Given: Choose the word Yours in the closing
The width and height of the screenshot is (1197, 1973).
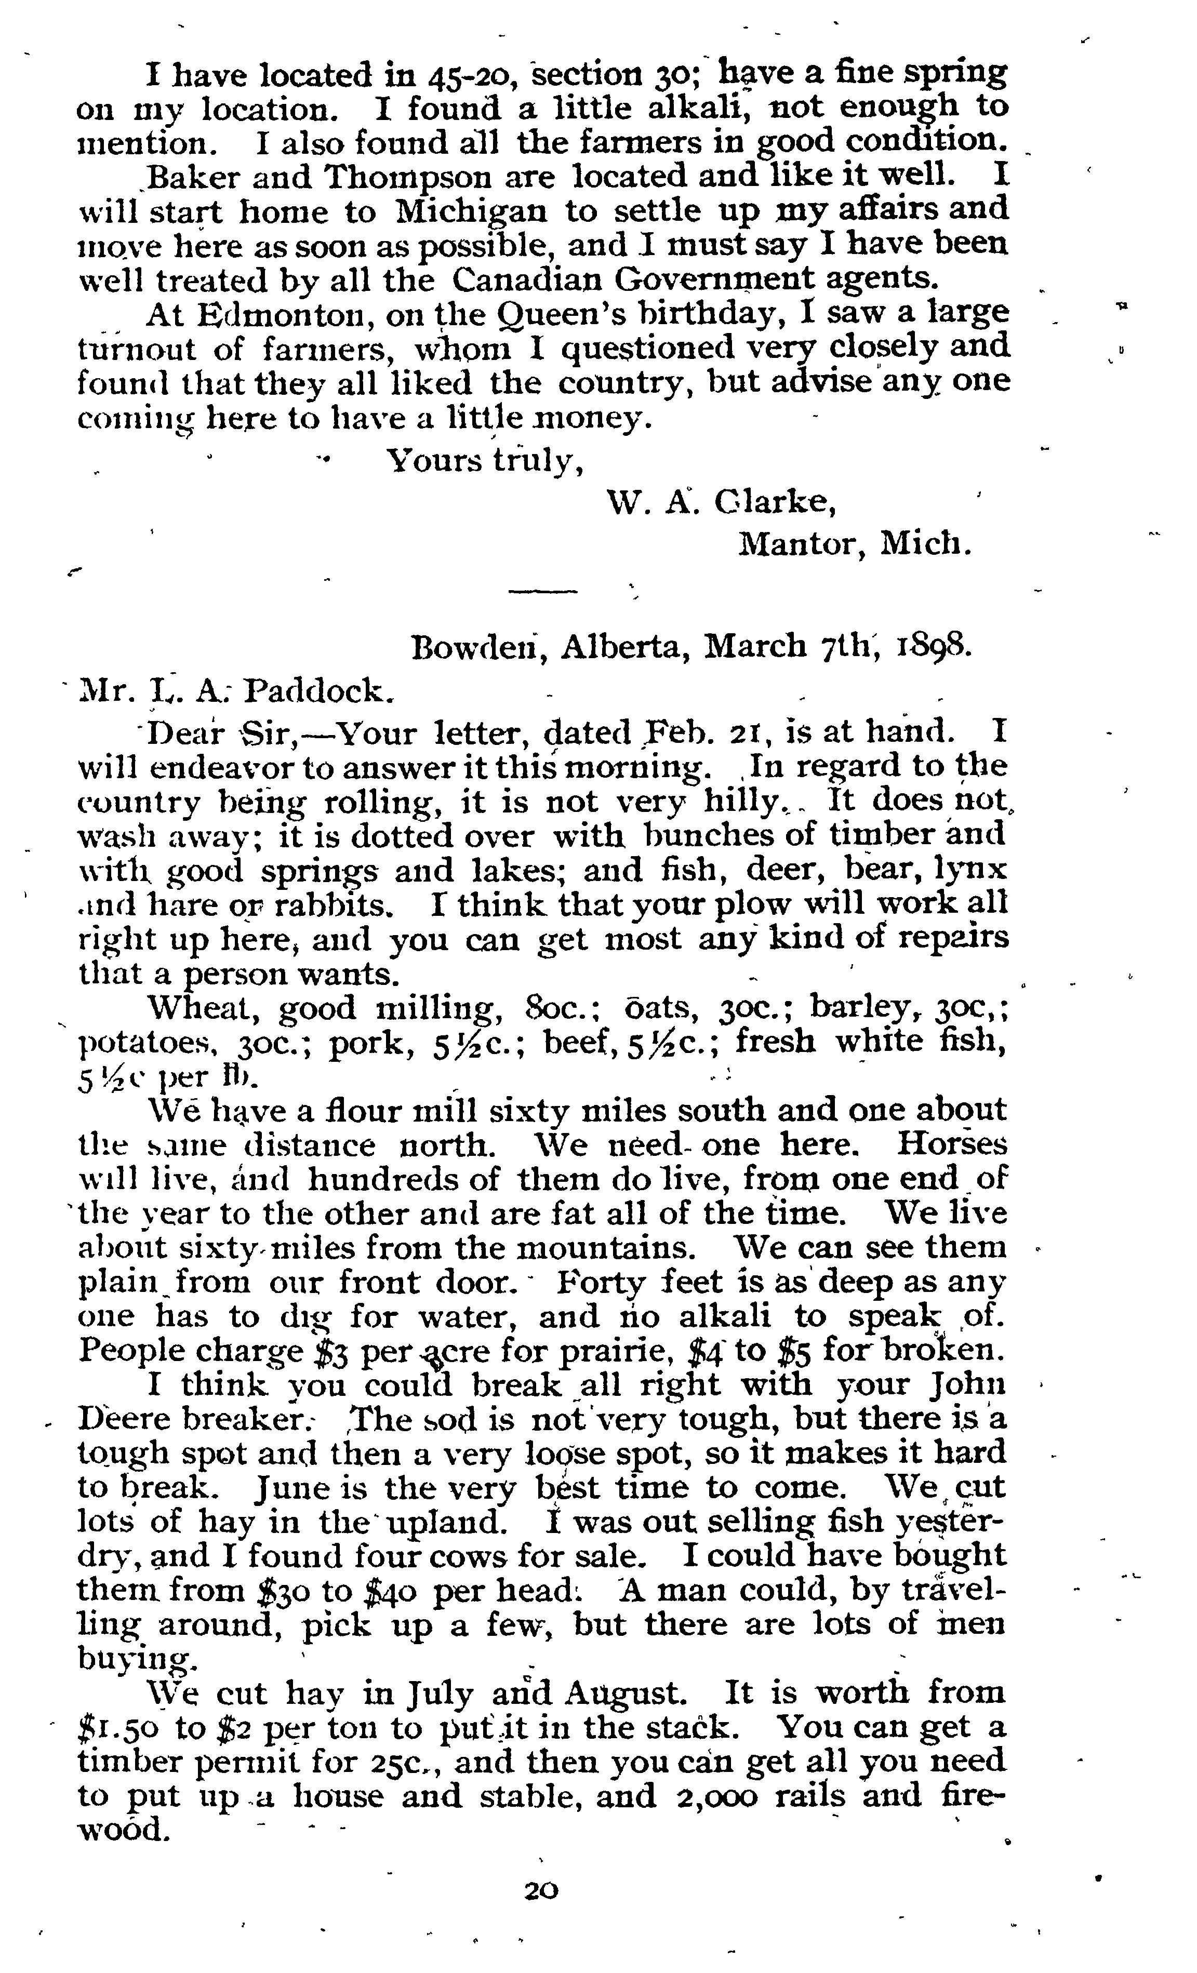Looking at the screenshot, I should click(x=432, y=460).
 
